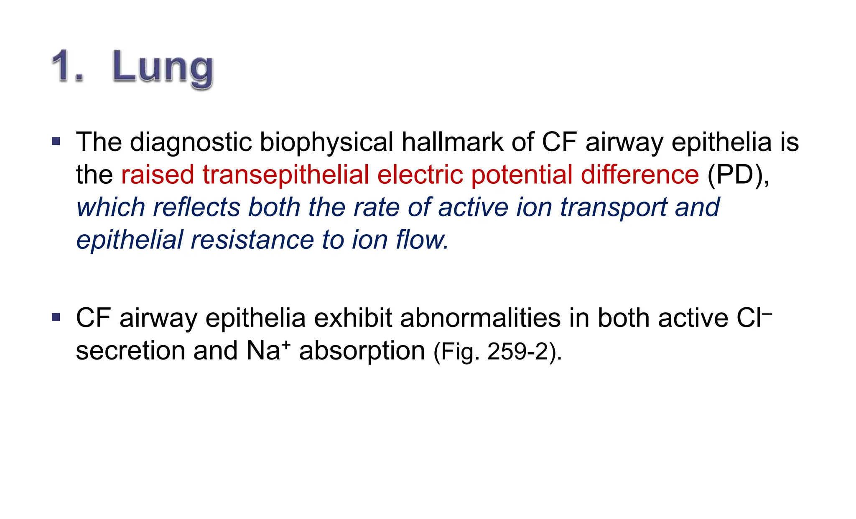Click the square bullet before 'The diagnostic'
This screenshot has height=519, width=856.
pyautogui.click(x=56, y=141)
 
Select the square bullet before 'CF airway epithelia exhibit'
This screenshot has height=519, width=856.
pyautogui.click(x=56, y=317)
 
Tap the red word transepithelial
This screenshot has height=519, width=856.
pyautogui.click(x=285, y=175)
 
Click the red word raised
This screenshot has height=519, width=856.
pyautogui.click(x=158, y=175)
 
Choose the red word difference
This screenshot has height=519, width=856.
pyautogui.click(x=639, y=175)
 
